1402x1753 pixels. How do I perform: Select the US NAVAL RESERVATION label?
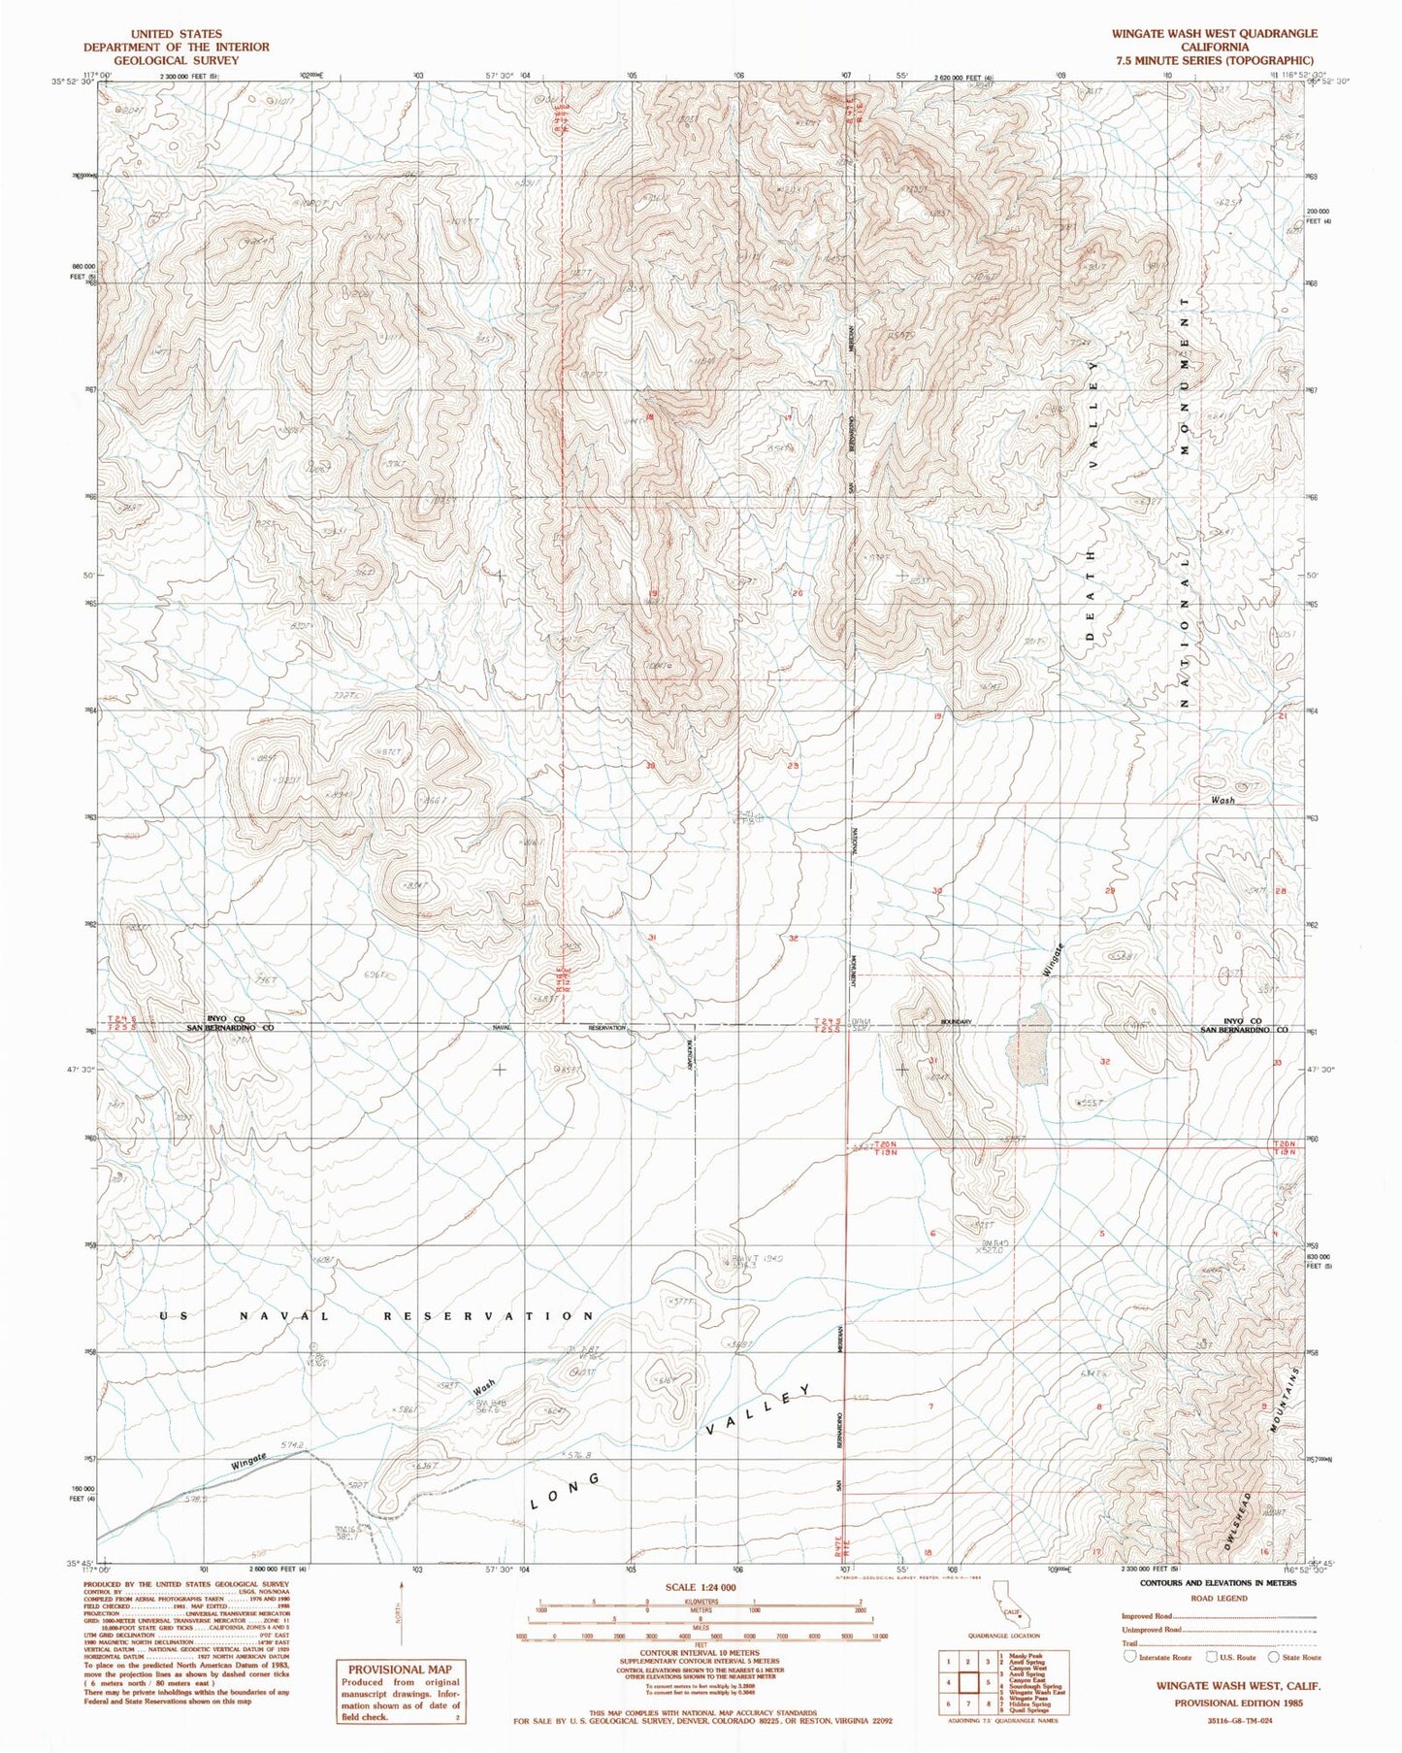377,1316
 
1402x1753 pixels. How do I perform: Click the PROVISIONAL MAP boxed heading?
401,1670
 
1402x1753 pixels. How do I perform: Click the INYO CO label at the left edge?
210,1018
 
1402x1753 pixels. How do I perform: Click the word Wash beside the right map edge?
1223,801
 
